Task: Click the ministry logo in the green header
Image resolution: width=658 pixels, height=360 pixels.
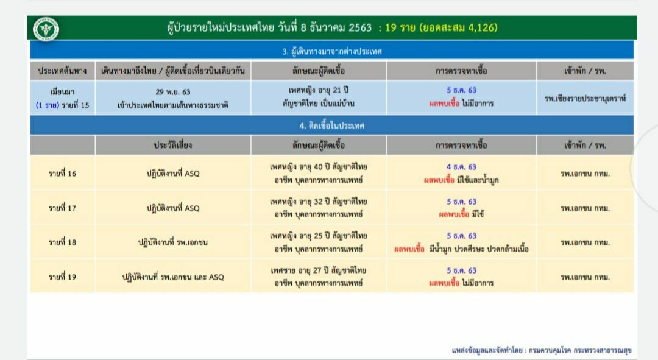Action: [46, 29]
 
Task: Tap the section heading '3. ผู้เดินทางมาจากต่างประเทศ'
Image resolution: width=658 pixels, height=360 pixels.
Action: [332, 51]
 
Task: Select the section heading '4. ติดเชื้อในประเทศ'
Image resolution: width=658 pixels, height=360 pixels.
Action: [332, 125]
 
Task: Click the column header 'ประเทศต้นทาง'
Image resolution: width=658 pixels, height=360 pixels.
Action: [63, 71]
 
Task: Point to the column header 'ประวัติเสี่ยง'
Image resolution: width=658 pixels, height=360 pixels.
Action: [173, 145]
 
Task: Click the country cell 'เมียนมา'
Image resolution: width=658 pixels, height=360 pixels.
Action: [63, 91]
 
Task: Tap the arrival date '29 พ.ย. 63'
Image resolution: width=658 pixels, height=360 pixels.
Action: [173, 91]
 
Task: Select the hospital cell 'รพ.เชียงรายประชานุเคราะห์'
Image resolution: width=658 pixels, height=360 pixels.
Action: [585, 98]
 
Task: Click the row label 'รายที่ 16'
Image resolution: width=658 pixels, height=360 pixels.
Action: [63, 173]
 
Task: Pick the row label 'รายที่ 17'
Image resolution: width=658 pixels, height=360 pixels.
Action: [63, 208]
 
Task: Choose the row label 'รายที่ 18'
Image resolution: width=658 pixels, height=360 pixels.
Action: [63, 242]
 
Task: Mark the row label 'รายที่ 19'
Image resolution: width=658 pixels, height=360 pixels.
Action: [63, 277]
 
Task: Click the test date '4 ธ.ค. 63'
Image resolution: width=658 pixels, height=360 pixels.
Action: [461, 166]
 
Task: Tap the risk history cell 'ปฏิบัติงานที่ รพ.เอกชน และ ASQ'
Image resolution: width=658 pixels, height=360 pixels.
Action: [173, 277]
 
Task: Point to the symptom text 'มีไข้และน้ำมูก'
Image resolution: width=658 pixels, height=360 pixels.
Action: [478, 180]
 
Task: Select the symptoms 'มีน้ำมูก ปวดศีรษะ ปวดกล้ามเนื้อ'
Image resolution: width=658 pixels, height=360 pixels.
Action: [479, 249]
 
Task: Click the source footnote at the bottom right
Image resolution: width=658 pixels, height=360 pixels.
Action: [542, 350]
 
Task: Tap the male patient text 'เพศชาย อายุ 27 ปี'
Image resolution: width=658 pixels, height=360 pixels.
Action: [300, 270]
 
